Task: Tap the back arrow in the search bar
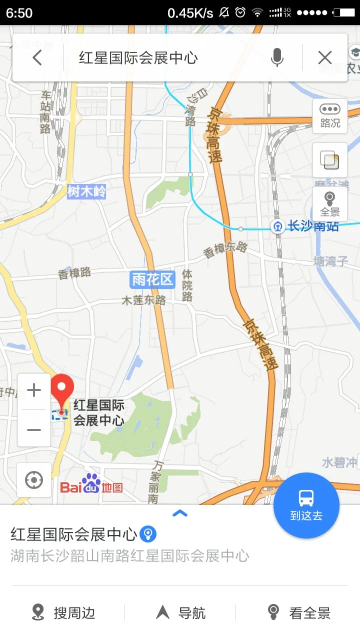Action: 37,58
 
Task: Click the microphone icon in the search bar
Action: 277,58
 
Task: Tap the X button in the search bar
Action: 325,58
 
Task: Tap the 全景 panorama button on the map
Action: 330,203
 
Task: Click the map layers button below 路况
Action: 330,160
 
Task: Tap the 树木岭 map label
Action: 86,191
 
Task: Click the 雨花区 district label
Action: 152,279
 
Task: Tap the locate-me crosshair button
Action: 34,480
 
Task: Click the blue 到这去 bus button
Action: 306,505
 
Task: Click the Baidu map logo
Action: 91,484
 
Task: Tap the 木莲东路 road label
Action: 144,300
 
